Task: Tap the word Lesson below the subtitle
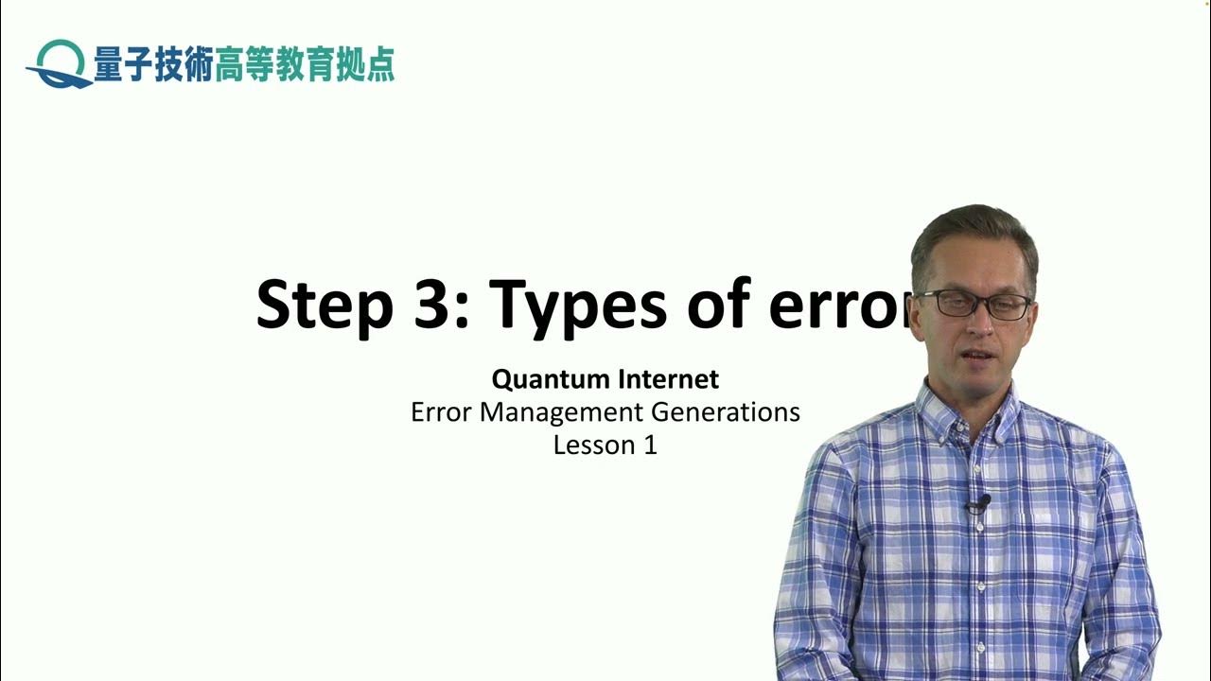coord(592,445)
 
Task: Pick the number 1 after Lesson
coord(650,445)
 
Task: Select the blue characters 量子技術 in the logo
coord(152,64)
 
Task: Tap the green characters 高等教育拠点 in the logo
coord(305,64)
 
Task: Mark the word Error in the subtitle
coord(442,412)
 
